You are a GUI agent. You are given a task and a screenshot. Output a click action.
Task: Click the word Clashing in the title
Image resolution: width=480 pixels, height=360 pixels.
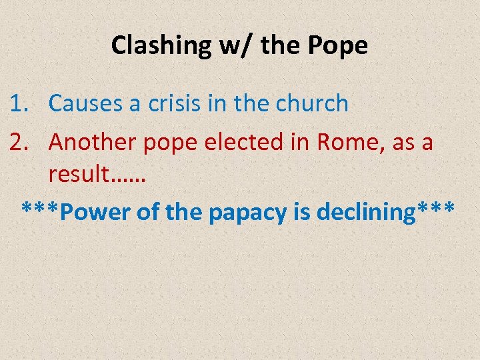pyautogui.click(x=160, y=45)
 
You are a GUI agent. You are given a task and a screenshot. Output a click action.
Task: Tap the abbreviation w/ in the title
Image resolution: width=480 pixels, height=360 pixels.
pyautogui.click(x=233, y=45)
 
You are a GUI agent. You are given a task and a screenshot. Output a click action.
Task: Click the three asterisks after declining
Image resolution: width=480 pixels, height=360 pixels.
pyautogui.click(x=436, y=209)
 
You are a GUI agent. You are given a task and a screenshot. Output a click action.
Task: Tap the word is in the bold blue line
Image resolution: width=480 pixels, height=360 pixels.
pyautogui.click(x=302, y=212)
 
